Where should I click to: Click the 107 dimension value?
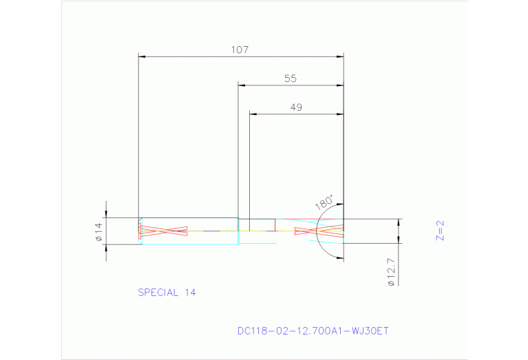coord(240,50)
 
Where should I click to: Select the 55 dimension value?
coord(290,78)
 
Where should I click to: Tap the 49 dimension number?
coord(296,107)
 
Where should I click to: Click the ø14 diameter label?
coord(98,231)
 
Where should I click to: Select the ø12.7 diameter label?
coord(391,272)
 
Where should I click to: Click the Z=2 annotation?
coord(441,230)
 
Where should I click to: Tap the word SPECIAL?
coord(158,293)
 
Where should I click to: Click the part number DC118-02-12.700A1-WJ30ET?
coord(313,331)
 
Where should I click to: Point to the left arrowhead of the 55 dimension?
coord(242,85)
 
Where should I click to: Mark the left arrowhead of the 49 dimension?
coord(253,114)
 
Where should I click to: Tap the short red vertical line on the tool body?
coord(275,225)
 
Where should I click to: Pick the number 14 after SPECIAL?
coord(189,293)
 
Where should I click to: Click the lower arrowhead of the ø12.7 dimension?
coord(399,240)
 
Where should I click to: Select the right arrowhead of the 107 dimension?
coord(340,56)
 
